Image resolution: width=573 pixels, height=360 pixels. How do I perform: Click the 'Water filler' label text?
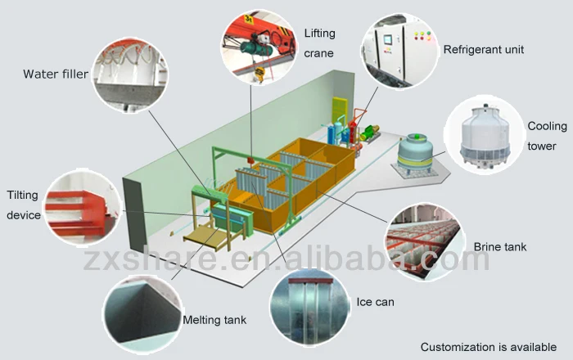pyautogui.click(x=54, y=74)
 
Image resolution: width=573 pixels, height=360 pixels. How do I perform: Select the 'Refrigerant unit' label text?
pyautogui.click(x=483, y=50)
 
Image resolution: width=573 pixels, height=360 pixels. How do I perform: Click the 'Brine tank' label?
pyautogui.click(x=500, y=245)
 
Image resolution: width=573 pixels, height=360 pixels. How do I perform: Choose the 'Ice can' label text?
pyautogui.click(x=375, y=302)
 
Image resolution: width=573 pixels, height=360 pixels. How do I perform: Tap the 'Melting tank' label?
pyautogui.click(x=214, y=320)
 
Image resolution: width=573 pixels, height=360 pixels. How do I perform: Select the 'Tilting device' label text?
pyautogui.click(x=23, y=205)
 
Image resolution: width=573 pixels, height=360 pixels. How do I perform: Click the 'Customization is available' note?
pyautogui.click(x=489, y=347)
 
